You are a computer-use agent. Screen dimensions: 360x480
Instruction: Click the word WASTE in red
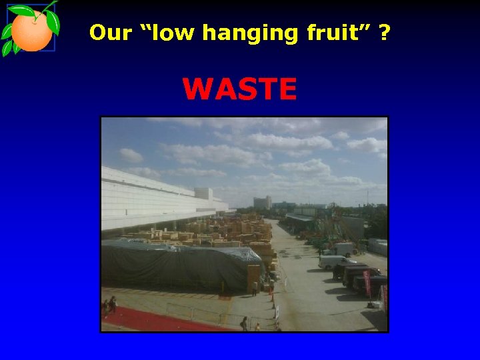239,89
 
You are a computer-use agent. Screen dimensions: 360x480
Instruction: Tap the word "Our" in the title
110,32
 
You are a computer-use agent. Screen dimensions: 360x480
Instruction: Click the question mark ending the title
385,32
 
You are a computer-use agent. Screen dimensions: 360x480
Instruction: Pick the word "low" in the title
167,32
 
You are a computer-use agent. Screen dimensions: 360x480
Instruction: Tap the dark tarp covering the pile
180,265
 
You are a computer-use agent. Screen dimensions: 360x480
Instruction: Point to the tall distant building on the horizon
262,201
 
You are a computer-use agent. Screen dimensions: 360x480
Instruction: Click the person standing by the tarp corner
254,289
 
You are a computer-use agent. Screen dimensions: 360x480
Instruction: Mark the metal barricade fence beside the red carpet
200,313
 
